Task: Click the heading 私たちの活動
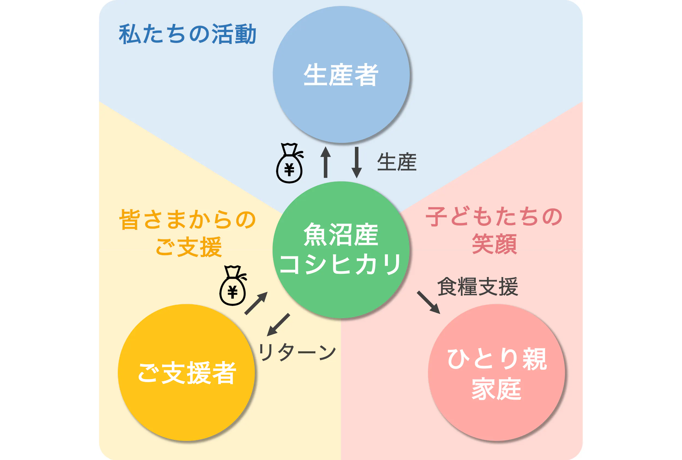187,34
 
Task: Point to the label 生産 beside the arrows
396,162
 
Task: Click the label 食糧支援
477,287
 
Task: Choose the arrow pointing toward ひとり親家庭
429,302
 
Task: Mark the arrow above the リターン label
278,325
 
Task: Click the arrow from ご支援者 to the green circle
256,303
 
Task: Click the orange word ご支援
189,247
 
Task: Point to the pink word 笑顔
494,244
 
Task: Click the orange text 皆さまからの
187,219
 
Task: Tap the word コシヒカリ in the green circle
340,264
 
